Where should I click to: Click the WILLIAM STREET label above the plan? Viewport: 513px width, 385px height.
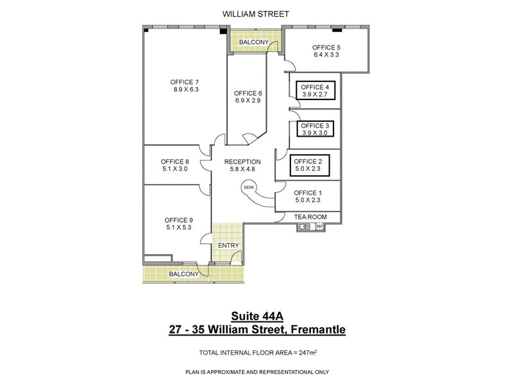(255, 14)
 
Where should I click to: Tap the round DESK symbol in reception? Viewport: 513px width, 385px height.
(249, 187)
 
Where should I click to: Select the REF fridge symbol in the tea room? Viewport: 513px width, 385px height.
(319, 227)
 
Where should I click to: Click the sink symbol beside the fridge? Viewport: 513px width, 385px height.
(305, 227)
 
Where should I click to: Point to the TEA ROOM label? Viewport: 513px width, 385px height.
(310, 217)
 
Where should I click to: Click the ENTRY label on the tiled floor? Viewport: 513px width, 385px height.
(228, 245)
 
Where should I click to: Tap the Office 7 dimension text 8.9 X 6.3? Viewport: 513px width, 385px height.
(186, 89)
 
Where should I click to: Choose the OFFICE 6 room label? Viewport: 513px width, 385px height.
(248, 93)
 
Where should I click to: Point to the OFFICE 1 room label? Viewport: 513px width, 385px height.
(308, 193)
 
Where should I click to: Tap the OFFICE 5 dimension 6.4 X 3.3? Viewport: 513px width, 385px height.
(326, 55)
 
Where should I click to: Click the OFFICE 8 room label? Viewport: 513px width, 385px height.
(174, 162)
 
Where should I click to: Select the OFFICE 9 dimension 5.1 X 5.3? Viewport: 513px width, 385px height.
(179, 227)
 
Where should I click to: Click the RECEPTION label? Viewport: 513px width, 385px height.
(242, 162)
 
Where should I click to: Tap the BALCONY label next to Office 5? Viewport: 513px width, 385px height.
(253, 42)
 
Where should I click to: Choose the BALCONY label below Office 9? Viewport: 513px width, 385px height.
(183, 274)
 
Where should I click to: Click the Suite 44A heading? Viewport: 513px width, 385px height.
(257, 316)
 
